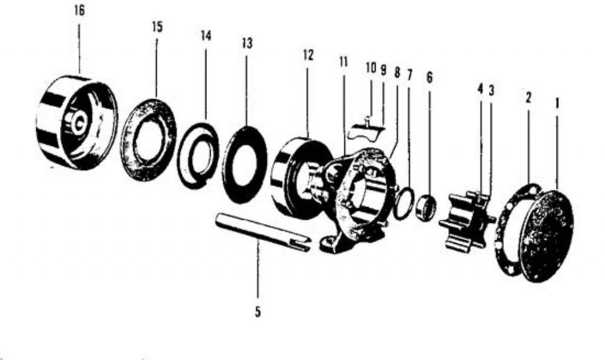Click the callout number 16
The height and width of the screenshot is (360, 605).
point(79,11)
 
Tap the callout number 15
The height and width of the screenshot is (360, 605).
point(157,27)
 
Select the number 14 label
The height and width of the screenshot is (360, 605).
point(206,36)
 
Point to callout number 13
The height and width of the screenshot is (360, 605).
point(247,43)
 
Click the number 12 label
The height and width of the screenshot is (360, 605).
point(309,55)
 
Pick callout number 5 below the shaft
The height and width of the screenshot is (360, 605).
point(258,312)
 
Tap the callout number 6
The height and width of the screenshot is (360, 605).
point(430,77)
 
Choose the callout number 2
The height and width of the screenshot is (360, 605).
point(528,97)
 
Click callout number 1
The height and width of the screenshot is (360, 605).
point(557,103)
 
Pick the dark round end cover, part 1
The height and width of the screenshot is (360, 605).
point(546,236)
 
